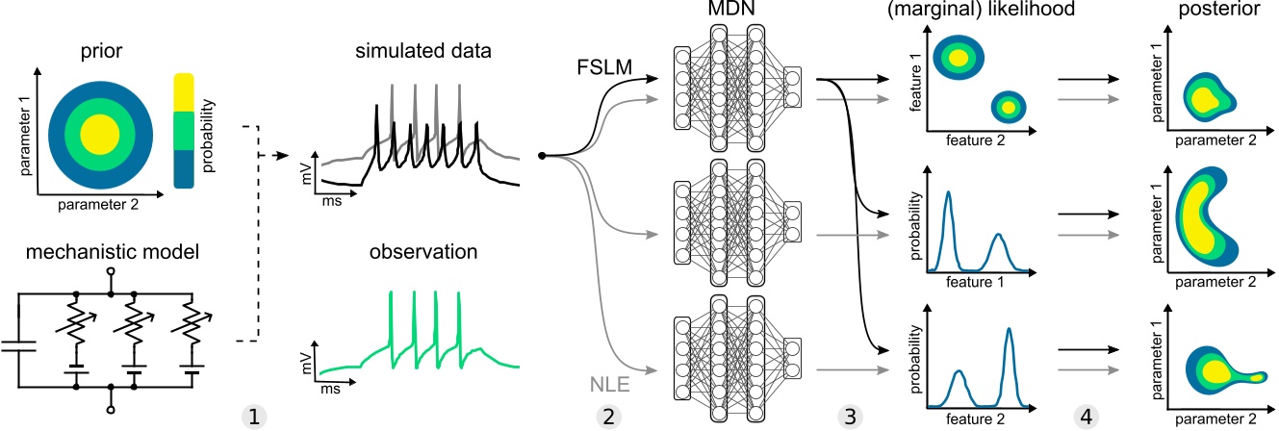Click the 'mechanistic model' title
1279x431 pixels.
[x=94, y=256]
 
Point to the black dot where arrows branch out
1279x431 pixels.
[x=542, y=155]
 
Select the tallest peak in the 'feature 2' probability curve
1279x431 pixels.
[x=1010, y=331]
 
